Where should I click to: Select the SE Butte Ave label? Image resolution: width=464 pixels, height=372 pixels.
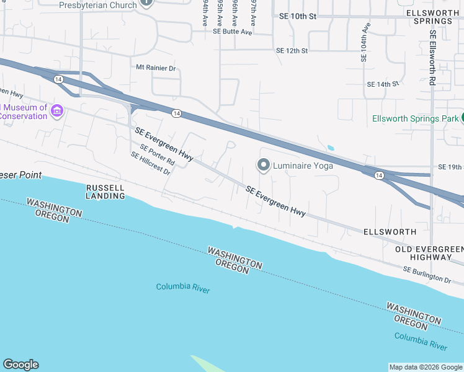[233, 31]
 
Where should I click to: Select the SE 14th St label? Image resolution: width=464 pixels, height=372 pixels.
[382, 84]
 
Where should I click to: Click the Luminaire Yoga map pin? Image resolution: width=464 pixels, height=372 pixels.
[263, 165]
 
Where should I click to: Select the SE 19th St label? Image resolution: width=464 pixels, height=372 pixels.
[450, 167]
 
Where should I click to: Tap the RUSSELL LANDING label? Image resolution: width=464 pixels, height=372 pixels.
[105, 192]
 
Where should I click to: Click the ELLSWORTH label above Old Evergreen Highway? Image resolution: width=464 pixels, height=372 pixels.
[391, 231]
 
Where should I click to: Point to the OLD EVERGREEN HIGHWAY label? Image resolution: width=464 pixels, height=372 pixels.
[429, 253]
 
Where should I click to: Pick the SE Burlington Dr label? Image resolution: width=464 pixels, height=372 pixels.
[427, 275]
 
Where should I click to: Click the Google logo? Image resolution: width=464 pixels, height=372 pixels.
[20, 365]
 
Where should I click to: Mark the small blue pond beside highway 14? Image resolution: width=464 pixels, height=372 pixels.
[329, 148]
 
